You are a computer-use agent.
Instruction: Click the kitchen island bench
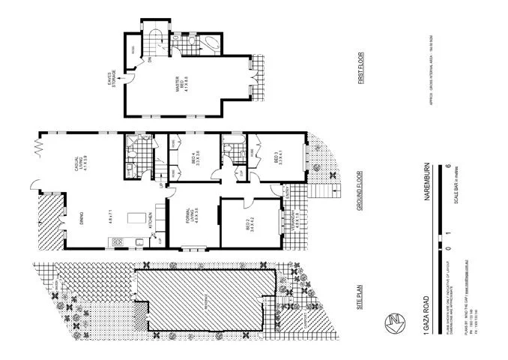[x=136, y=218]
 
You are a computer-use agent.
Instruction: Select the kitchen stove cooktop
[x=118, y=241]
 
